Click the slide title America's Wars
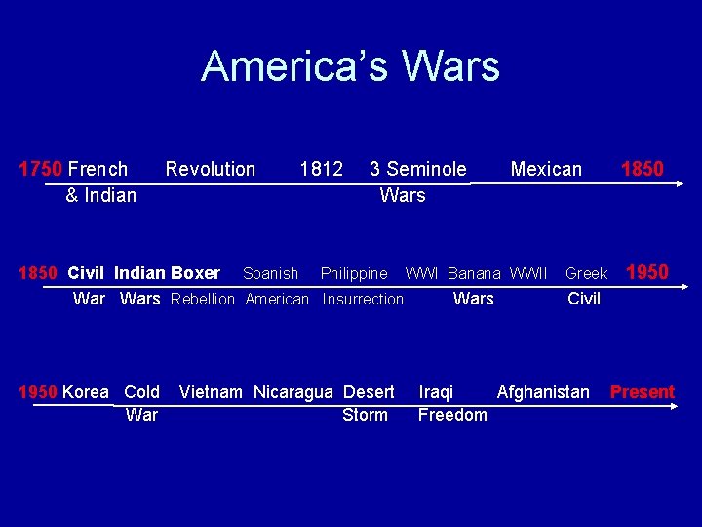[x=350, y=66]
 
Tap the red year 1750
[x=41, y=169]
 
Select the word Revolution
[x=211, y=169]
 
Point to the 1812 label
[x=321, y=169]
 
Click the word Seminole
[x=426, y=169]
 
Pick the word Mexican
[x=546, y=169]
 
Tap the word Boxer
[x=195, y=273]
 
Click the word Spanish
[x=270, y=274]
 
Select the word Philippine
[x=354, y=274]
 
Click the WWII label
[x=528, y=274]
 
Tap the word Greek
[x=586, y=274]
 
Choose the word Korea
[x=86, y=392]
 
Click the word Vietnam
[x=212, y=392]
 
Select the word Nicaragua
[x=293, y=392]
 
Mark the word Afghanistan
[x=543, y=392]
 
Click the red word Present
[x=642, y=392]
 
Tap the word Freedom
[x=452, y=415]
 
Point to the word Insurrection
[x=363, y=300]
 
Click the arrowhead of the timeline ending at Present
[x=671, y=407]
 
